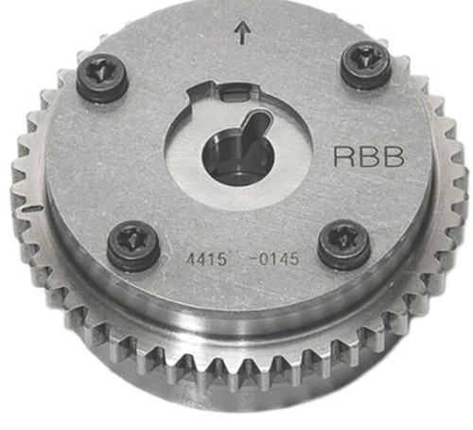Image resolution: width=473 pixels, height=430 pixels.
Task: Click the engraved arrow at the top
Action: click(242, 32)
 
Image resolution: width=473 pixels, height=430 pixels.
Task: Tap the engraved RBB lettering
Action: click(369, 156)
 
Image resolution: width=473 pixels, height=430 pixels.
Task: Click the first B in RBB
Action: click(369, 156)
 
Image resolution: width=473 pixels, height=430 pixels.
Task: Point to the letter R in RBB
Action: click(344, 156)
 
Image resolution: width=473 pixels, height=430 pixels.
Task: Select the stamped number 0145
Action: click(278, 260)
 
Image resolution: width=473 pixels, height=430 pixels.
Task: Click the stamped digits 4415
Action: click(206, 260)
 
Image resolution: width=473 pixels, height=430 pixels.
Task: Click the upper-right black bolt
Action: click(367, 65)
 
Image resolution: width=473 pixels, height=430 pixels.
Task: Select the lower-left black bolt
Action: click(132, 246)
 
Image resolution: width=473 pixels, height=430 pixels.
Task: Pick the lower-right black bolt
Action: click(343, 244)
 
